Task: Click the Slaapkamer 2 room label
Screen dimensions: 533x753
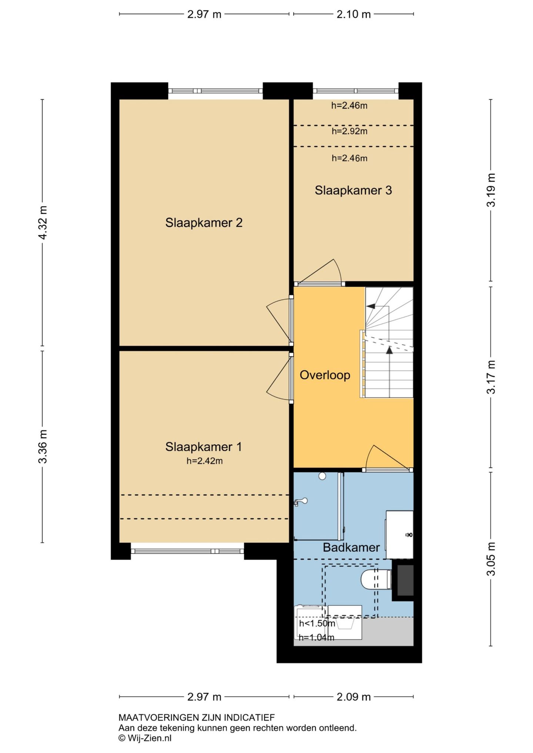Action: click(x=204, y=223)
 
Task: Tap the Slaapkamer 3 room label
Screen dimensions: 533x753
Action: click(x=353, y=190)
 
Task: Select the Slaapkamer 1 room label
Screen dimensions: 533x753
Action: click(x=204, y=447)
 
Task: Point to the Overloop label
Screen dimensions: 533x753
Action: click(x=325, y=375)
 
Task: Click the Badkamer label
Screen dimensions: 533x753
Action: click(x=351, y=547)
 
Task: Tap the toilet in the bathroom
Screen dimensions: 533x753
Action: click(x=376, y=579)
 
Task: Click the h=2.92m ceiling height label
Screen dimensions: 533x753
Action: click(x=349, y=131)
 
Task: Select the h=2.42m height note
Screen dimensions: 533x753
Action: click(x=205, y=461)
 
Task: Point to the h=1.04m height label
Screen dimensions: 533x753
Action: click(x=316, y=637)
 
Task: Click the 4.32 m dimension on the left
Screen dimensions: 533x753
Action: click(x=43, y=223)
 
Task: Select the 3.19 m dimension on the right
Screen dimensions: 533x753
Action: click(x=491, y=190)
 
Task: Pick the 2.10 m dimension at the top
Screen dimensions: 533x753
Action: click(x=353, y=14)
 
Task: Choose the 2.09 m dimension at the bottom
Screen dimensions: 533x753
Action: click(x=353, y=697)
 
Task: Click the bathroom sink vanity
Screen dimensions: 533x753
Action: click(x=399, y=535)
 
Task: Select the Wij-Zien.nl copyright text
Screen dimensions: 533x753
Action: click(x=145, y=738)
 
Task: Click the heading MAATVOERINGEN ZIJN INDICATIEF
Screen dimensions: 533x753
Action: click(x=197, y=717)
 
